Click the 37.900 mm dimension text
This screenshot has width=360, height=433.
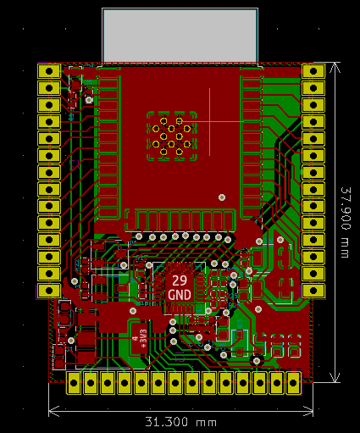[346, 223]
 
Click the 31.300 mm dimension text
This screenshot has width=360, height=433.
[181, 421]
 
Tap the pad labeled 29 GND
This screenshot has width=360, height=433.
[180, 287]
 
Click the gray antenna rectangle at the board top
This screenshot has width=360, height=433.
[180, 36]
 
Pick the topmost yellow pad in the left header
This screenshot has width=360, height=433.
[49, 71]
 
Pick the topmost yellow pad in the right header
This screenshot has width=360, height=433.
[313, 71]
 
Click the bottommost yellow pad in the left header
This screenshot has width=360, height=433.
[49, 291]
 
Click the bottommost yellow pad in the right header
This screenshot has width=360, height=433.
[313, 291]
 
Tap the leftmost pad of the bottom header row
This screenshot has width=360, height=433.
[75, 382]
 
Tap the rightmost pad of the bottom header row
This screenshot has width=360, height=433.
[294, 382]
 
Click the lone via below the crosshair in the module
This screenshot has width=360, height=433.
[222, 197]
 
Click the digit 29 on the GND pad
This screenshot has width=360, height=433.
[180, 280]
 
